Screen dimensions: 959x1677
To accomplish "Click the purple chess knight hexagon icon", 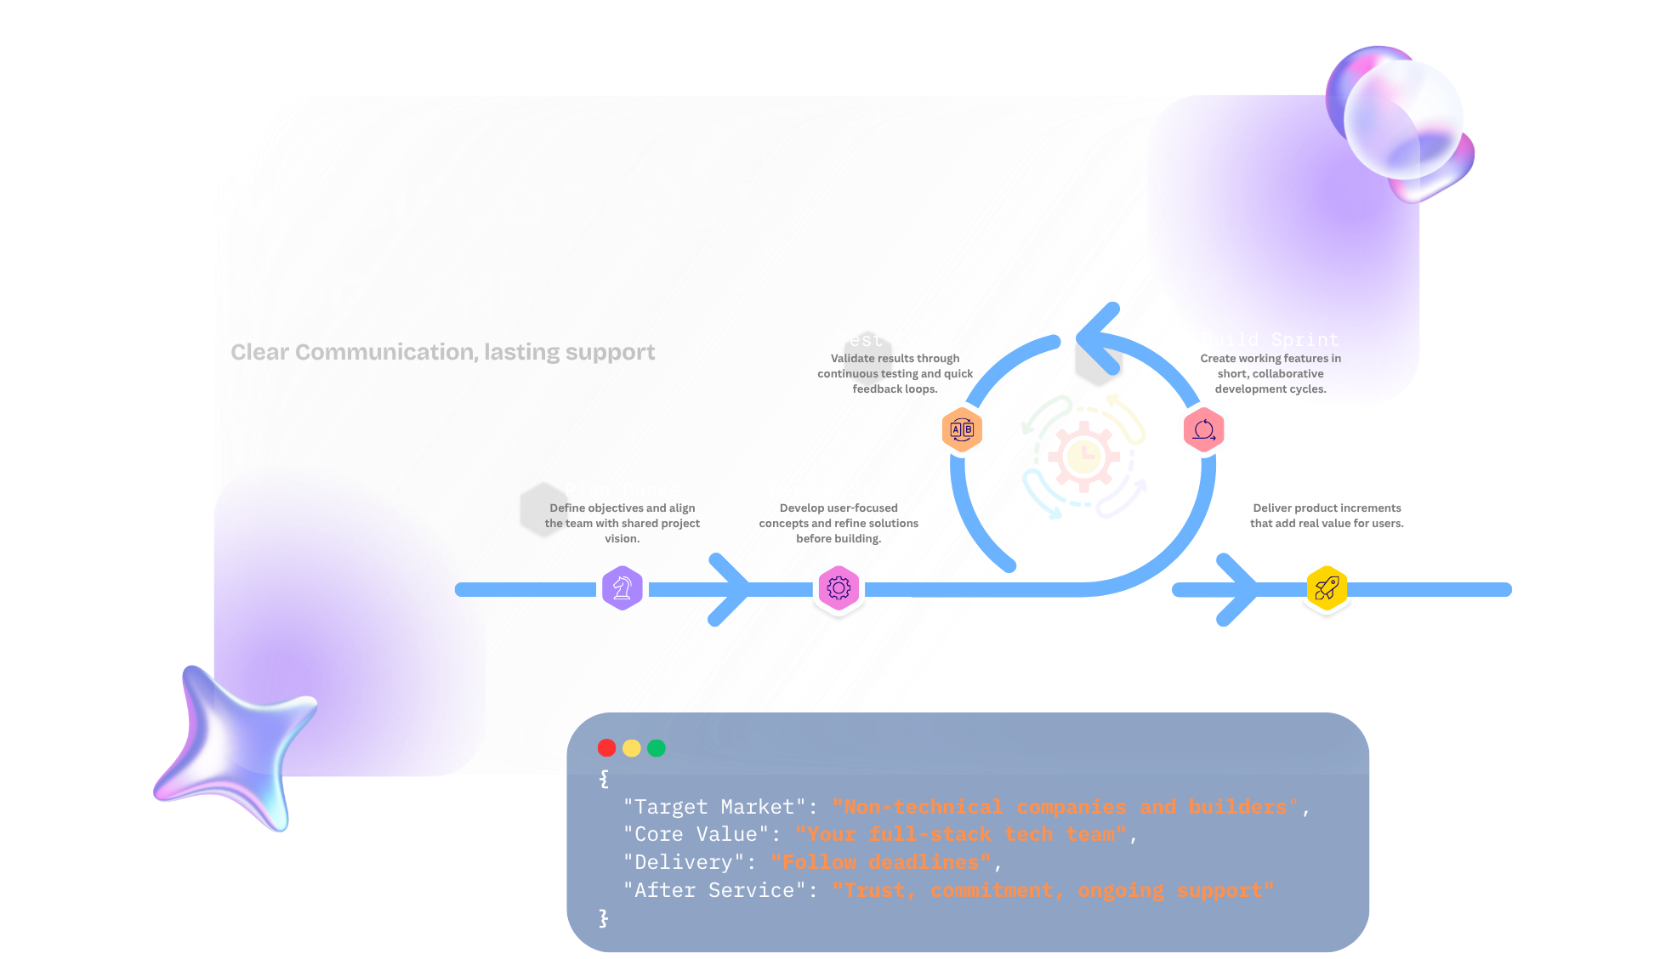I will (x=622, y=587).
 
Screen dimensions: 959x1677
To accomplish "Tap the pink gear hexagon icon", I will (x=838, y=587).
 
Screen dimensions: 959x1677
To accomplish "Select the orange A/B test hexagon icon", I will (x=961, y=429).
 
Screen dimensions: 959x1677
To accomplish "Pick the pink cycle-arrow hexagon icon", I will (x=1203, y=429).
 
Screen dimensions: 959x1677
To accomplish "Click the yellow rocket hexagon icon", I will (x=1327, y=587).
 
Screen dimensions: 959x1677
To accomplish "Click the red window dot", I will (x=606, y=748).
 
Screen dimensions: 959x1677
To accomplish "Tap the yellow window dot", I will (x=631, y=748).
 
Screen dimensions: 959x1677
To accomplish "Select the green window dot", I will (x=656, y=748).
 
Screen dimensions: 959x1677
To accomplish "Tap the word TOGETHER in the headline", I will (x=404, y=297).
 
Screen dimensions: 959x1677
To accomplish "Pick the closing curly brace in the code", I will (x=603, y=918).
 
